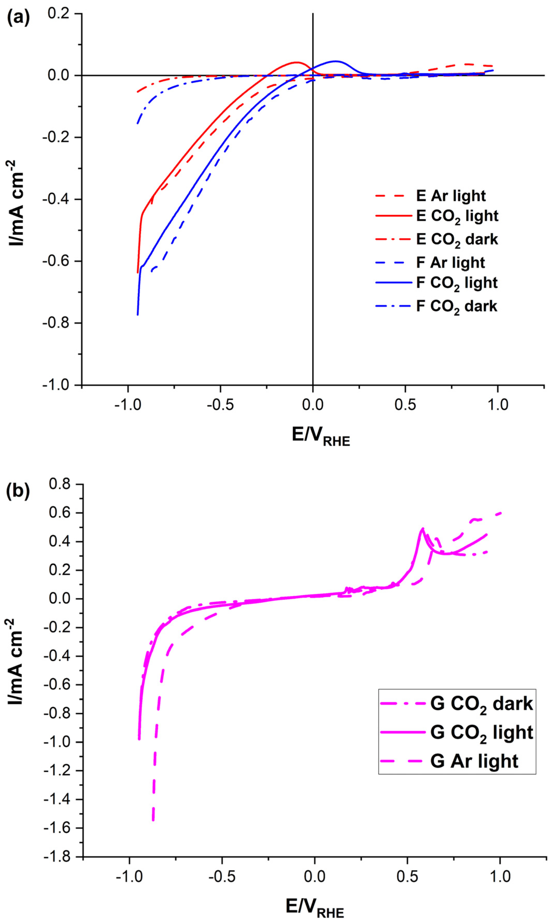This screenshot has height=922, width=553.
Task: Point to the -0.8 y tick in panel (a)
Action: pos(56,323)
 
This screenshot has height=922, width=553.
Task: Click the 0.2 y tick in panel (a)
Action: pos(59,13)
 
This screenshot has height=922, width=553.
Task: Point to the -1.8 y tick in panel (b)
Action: pos(57,857)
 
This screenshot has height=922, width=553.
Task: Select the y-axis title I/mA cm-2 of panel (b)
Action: pos(16,661)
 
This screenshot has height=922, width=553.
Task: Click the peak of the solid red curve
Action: pos(297,62)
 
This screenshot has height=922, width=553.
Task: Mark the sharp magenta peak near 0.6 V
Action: pos(422,528)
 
